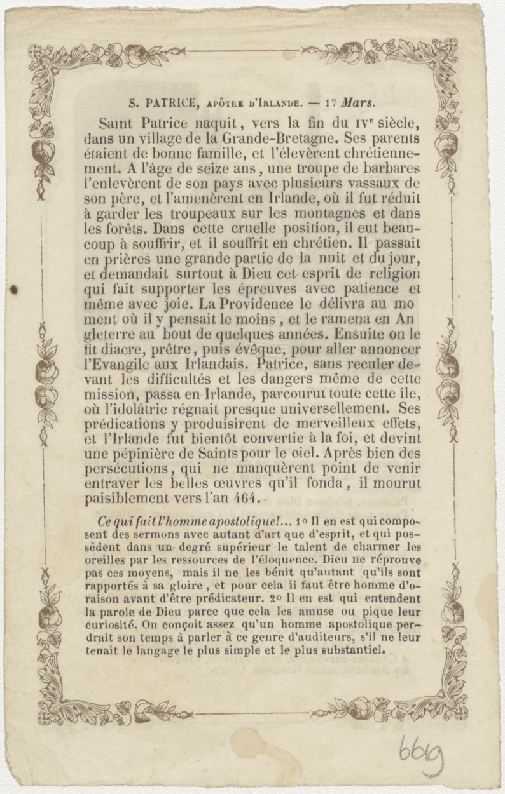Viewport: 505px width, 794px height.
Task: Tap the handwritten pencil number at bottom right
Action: pyautogui.click(x=420, y=754)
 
